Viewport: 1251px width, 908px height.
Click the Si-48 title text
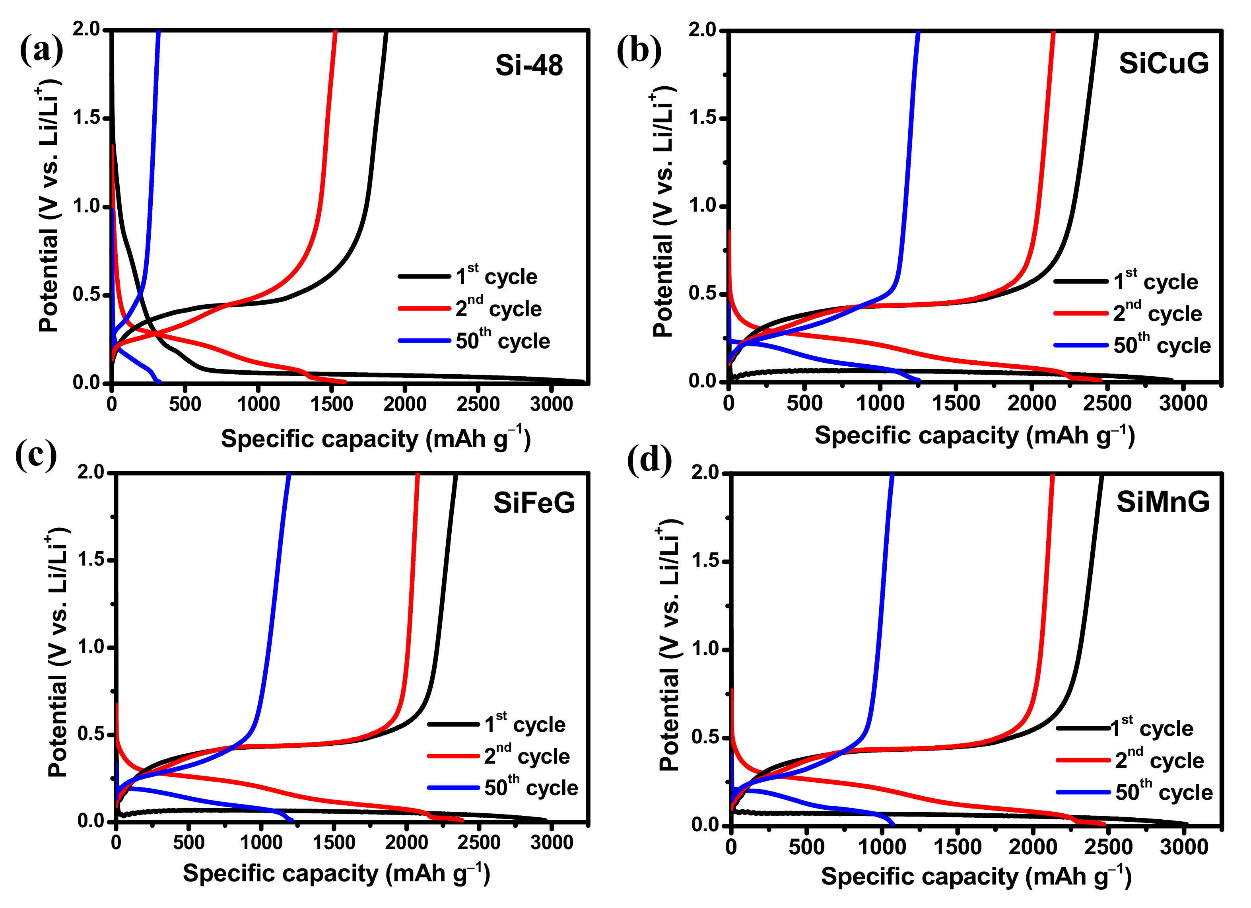(528, 65)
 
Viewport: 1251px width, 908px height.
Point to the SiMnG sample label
(1163, 502)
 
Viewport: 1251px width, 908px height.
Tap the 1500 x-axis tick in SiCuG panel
(956, 403)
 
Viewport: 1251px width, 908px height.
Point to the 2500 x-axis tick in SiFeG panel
(479, 842)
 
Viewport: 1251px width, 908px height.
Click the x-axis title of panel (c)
(336, 874)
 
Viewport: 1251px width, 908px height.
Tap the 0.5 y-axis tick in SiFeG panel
(91, 734)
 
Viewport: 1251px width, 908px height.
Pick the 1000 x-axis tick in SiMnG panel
(882, 847)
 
